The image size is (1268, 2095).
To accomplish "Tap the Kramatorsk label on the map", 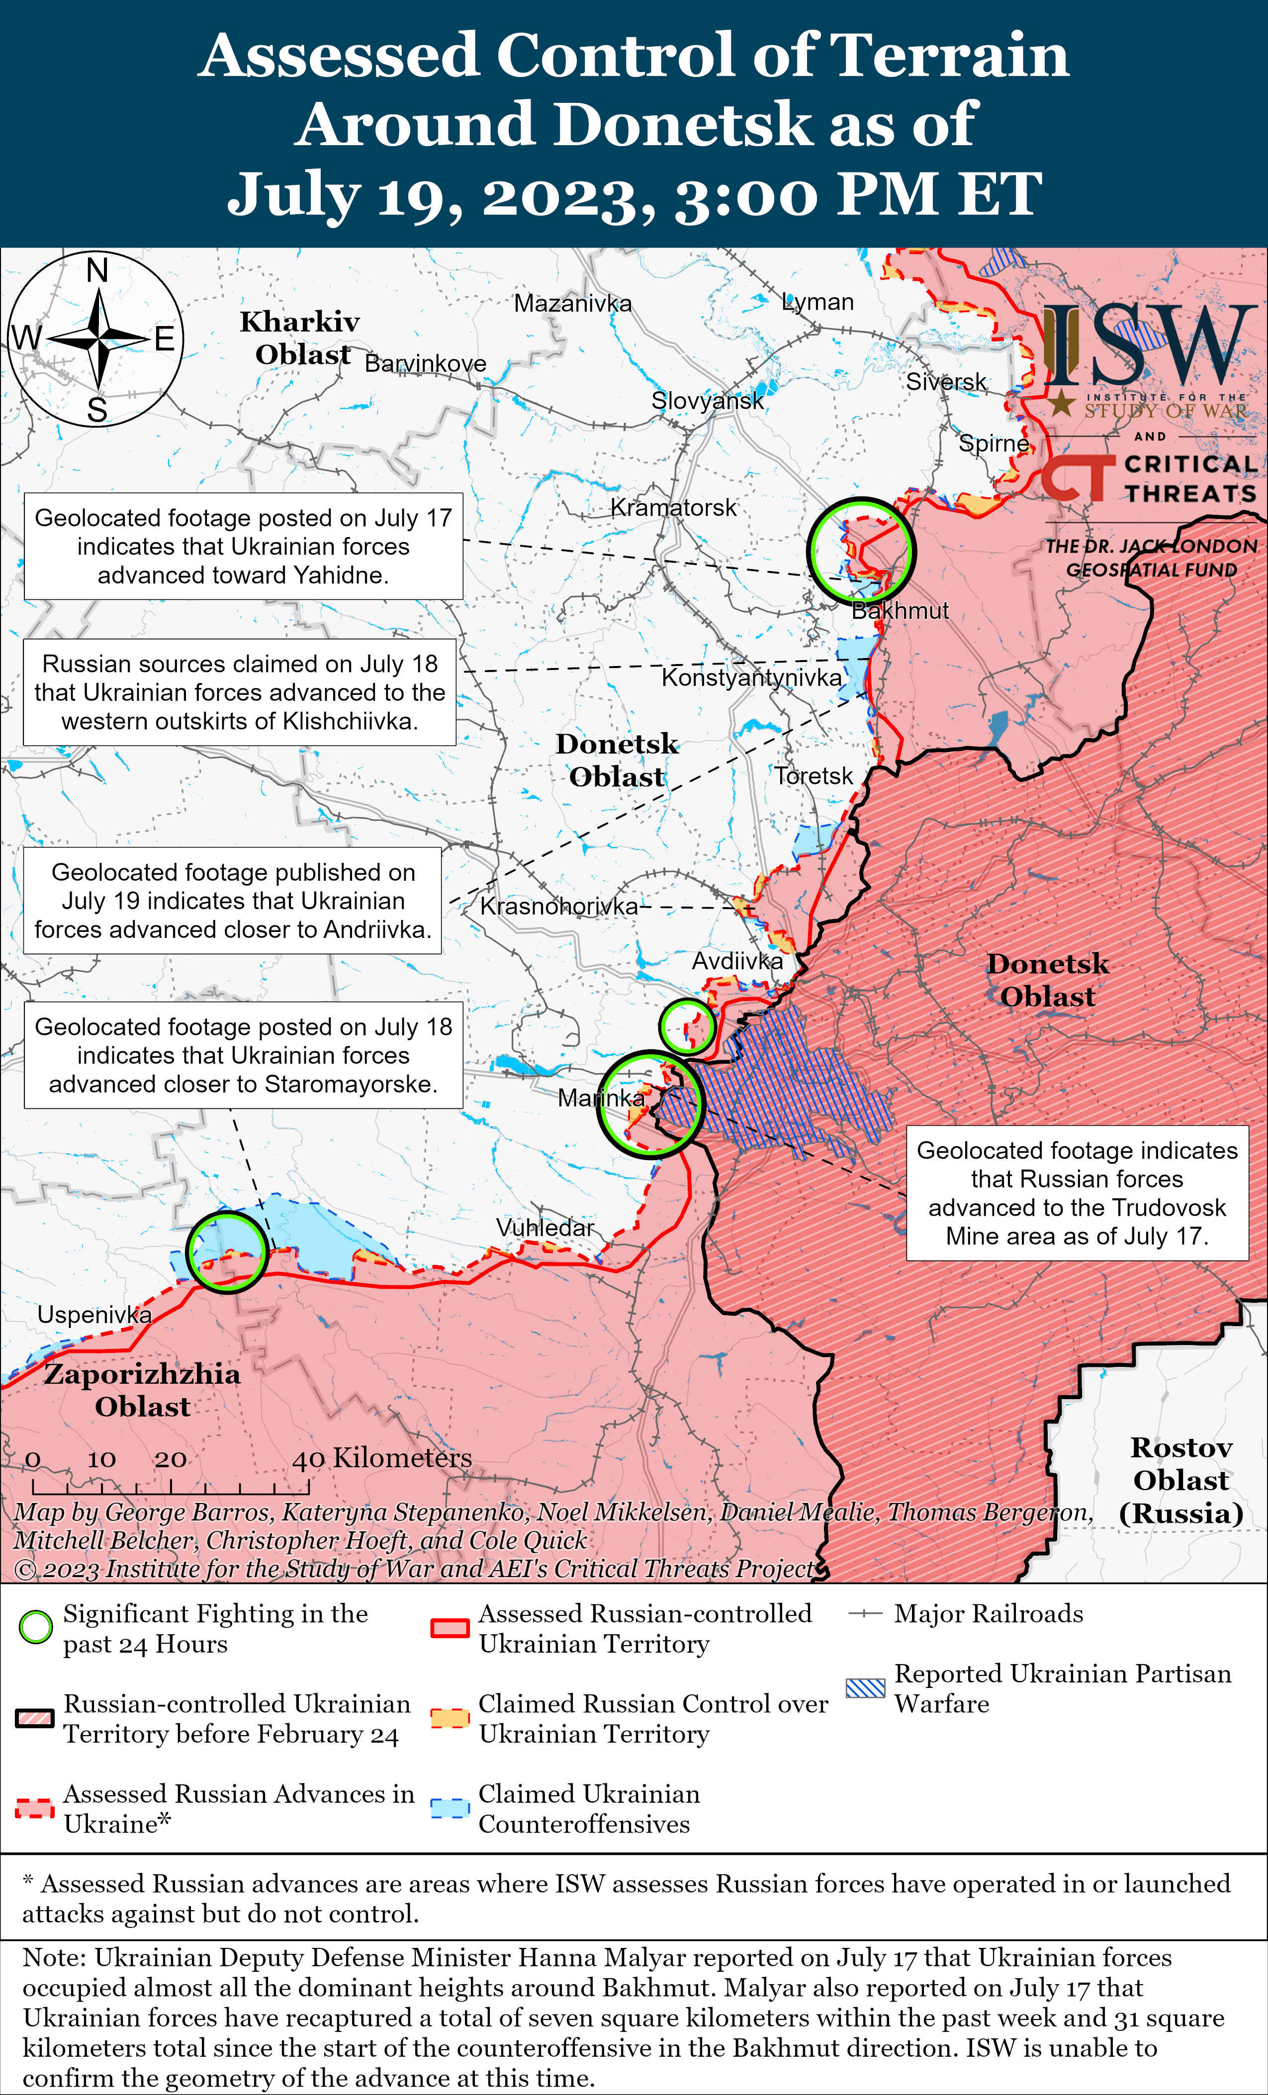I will click(x=674, y=507).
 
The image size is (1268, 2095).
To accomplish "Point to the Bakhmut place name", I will click(x=900, y=610).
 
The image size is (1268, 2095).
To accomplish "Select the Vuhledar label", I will click(x=544, y=1228).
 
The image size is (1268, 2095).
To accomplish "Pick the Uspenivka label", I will click(x=94, y=1315).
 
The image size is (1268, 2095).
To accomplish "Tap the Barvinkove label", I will click(x=425, y=364).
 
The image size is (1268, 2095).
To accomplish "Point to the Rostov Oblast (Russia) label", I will click(x=1181, y=1480).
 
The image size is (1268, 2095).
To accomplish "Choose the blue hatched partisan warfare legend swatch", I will click(x=866, y=1688).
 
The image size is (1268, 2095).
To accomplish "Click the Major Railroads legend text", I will click(x=988, y=1614).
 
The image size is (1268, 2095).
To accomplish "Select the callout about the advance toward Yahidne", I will click(x=243, y=546).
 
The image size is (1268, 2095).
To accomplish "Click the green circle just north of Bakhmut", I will click(x=861, y=551).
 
